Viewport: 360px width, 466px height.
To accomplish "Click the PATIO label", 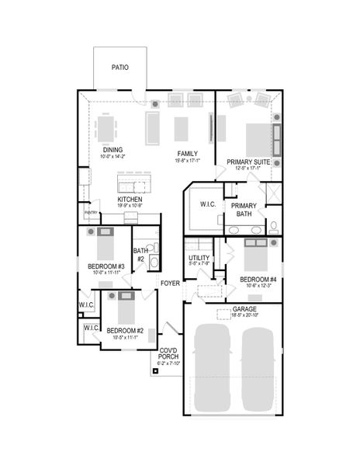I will tap(119, 68).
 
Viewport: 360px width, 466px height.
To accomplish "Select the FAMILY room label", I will tap(187, 153).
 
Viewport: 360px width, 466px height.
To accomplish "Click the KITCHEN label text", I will tap(129, 200).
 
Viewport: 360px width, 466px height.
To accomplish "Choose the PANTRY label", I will tap(91, 212).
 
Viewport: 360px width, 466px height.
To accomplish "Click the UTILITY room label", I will tap(199, 258).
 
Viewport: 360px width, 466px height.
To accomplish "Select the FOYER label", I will tap(170, 283).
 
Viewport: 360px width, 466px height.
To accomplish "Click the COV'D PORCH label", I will tap(168, 353).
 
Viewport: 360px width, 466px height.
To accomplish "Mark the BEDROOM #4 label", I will tap(258, 279).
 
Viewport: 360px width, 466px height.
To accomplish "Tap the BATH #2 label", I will tap(140, 254).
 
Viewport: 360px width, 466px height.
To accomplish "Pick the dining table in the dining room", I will tap(107, 127).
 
